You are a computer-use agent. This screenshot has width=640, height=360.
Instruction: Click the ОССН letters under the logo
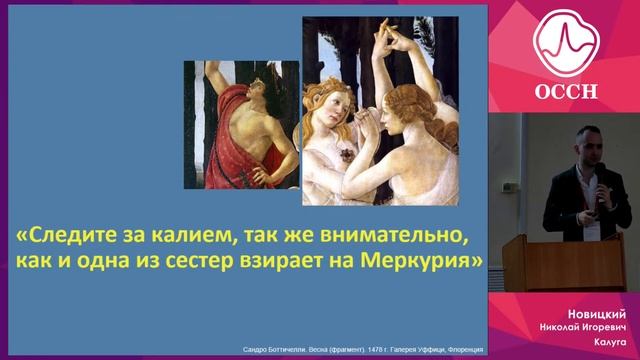tap(564, 92)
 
